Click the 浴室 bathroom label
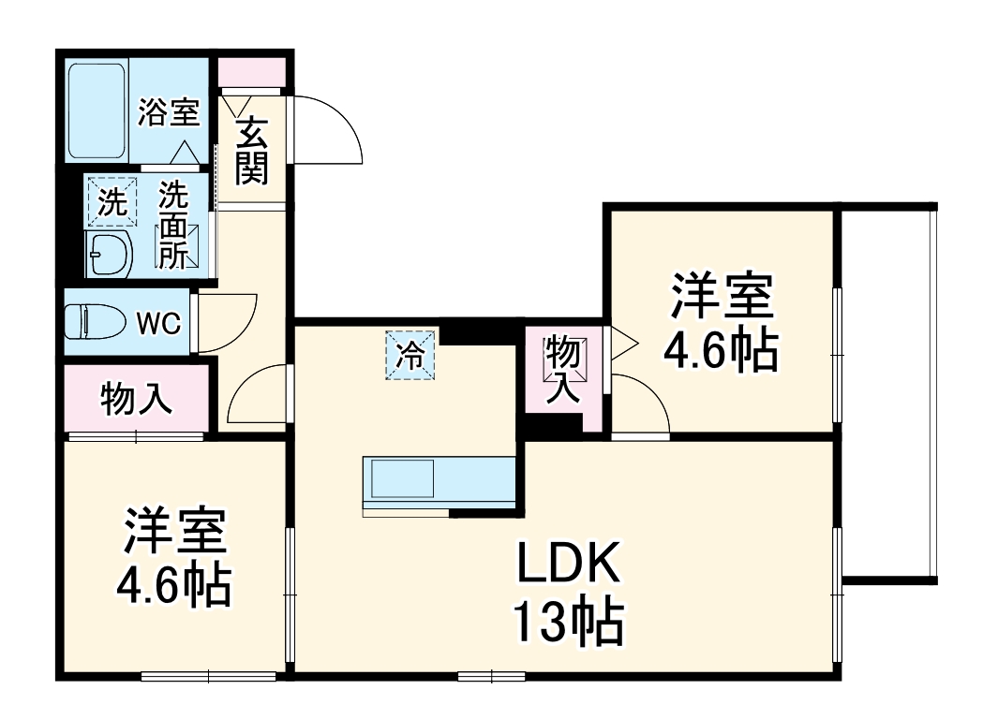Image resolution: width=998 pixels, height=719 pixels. click(170, 112)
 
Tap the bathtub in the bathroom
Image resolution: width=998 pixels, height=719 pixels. click(97, 110)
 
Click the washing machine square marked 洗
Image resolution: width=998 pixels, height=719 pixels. click(112, 202)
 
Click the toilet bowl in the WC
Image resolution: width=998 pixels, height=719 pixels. click(95, 321)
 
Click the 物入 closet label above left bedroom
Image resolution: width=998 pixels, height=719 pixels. click(136, 399)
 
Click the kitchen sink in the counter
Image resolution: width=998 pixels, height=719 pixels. click(403, 478)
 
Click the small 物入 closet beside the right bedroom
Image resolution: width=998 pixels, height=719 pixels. click(565, 370)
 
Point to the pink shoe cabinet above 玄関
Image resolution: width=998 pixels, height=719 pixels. click(252, 71)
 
